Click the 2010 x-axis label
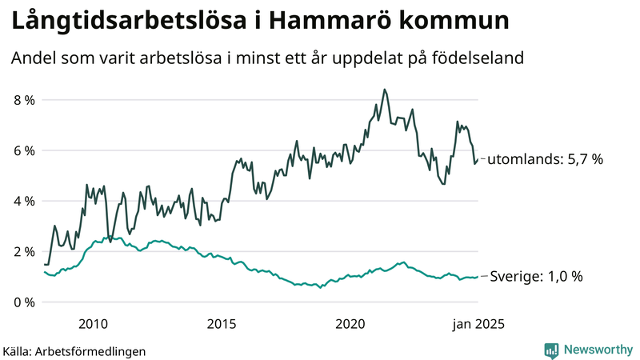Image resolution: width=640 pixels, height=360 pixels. tap(94, 323)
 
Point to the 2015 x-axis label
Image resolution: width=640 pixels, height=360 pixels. tap(222, 323)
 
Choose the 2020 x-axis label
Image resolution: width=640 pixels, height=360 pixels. tap(351, 323)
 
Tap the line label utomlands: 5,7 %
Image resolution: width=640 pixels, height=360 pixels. tap(545, 159)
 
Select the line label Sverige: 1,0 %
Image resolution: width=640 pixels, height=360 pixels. tap(536, 276)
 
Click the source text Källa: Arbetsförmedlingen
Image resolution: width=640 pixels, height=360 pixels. tap(74, 350)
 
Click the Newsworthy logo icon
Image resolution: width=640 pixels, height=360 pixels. tap(551, 350)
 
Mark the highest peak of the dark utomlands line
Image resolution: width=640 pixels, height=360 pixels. tap(385, 90)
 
